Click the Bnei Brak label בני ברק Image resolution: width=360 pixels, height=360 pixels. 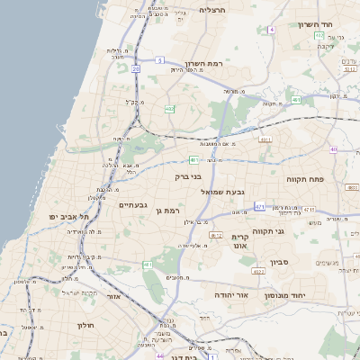click(x=189, y=177)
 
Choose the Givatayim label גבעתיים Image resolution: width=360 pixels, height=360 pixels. click(x=132, y=205)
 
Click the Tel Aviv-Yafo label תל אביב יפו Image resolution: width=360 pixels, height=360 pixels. click(x=71, y=217)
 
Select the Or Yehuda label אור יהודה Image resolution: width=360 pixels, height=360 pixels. click(x=230, y=294)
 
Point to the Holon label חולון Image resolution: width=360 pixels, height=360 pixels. click(x=85, y=325)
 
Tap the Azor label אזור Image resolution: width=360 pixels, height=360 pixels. click(x=114, y=295)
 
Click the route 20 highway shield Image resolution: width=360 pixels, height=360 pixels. click(x=136, y=68)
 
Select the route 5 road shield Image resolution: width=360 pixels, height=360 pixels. click(x=159, y=60)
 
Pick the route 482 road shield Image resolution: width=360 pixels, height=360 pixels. click(x=169, y=108)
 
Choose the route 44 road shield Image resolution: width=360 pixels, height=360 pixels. click(x=147, y=345)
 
